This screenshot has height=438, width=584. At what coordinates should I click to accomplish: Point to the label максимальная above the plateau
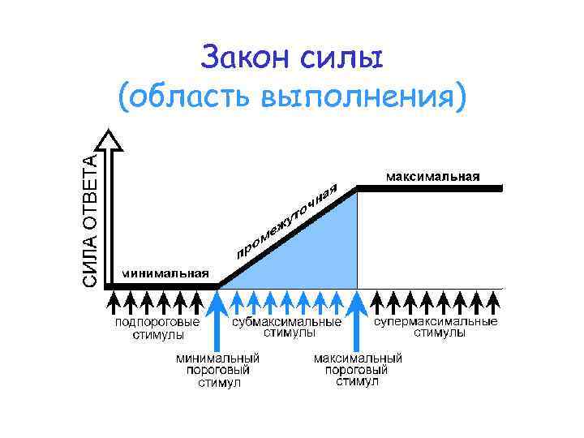click(x=432, y=175)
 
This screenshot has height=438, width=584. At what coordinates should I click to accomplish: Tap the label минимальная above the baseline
click(x=165, y=273)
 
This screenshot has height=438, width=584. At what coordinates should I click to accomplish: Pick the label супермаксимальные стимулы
click(x=436, y=327)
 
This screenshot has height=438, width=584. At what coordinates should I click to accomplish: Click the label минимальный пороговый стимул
click(x=219, y=370)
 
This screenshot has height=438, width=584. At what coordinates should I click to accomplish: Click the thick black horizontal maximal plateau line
click(x=430, y=187)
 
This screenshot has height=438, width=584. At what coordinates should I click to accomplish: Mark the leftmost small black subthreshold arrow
click(x=114, y=303)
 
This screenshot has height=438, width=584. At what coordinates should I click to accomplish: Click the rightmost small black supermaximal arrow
click(x=492, y=303)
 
